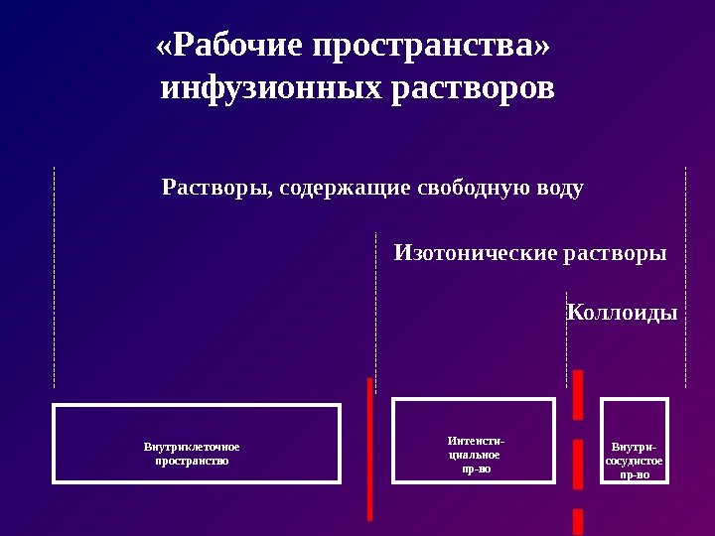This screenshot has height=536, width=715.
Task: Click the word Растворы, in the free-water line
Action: click(x=216, y=188)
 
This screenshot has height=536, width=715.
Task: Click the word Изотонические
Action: click(x=476, y=253)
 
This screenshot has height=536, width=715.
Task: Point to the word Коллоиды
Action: click(x=622, y=313)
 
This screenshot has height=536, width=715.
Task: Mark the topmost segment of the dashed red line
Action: click(x=577, y=394)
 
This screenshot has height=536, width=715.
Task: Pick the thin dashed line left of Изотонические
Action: click(x=375, y=308)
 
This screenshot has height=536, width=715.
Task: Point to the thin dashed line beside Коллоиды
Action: click(x=566, y=337)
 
